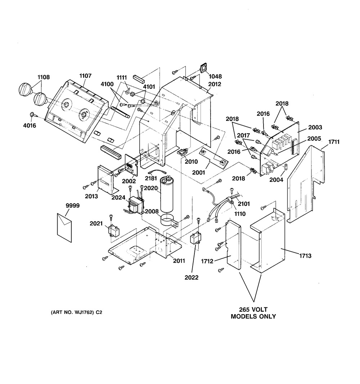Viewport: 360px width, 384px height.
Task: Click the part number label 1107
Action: [x=85, y=76]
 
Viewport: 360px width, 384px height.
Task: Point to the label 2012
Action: [x=215, y=84]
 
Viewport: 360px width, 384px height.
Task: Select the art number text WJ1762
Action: [x=82, y=312]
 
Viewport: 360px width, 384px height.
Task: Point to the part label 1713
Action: [x=305, y=256]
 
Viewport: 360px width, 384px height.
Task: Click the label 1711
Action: [x=334, y=142]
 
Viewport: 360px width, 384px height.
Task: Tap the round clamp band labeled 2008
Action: [x=169, y=220]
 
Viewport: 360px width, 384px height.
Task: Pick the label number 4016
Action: [x=30, y=126]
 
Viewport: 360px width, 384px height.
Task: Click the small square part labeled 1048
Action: [x=203, y=68]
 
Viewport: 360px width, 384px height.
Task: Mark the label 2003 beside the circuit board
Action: [x=315, y=127]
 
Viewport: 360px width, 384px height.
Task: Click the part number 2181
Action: [x=151, y=178]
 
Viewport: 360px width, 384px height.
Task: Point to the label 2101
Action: [x=244, y=204]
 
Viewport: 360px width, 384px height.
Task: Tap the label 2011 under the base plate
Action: [x=179, y=261]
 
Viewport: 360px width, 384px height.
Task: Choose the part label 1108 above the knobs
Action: [x=43, y=77]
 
